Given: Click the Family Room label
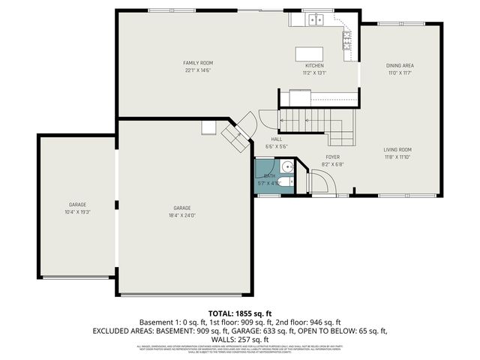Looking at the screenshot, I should coord(199,62).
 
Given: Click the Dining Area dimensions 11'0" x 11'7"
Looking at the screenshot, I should coord(400,73).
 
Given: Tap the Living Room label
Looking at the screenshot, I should coord(397,149).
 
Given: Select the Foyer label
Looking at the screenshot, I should coord(332,157).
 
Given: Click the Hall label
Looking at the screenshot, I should coord(276,139).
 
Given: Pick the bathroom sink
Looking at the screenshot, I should coord(287,167).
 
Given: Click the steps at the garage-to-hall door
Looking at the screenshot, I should coord(235,135).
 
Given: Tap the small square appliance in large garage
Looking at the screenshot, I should coord(208,128).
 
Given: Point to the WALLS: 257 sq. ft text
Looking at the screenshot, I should coord(239,339).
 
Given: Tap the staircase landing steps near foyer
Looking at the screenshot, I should coord(341,135).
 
